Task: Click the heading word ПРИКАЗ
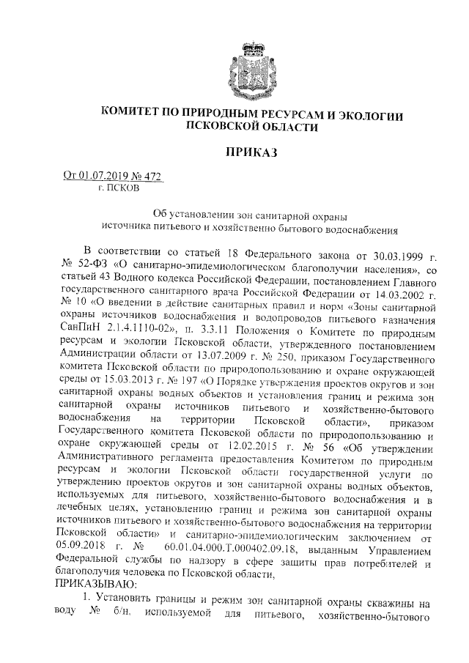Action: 252,152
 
